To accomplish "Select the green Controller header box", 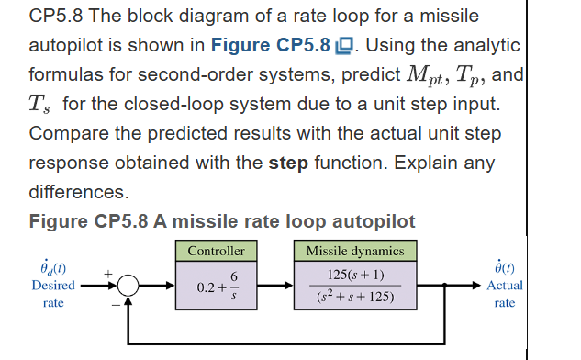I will point(216,251).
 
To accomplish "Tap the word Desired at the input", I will point(52,285).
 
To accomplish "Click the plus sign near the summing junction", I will point(107,273).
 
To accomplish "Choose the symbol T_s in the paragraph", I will point(42,105).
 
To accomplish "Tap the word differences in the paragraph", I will point(78,192).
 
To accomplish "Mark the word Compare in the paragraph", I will point(69,133).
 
